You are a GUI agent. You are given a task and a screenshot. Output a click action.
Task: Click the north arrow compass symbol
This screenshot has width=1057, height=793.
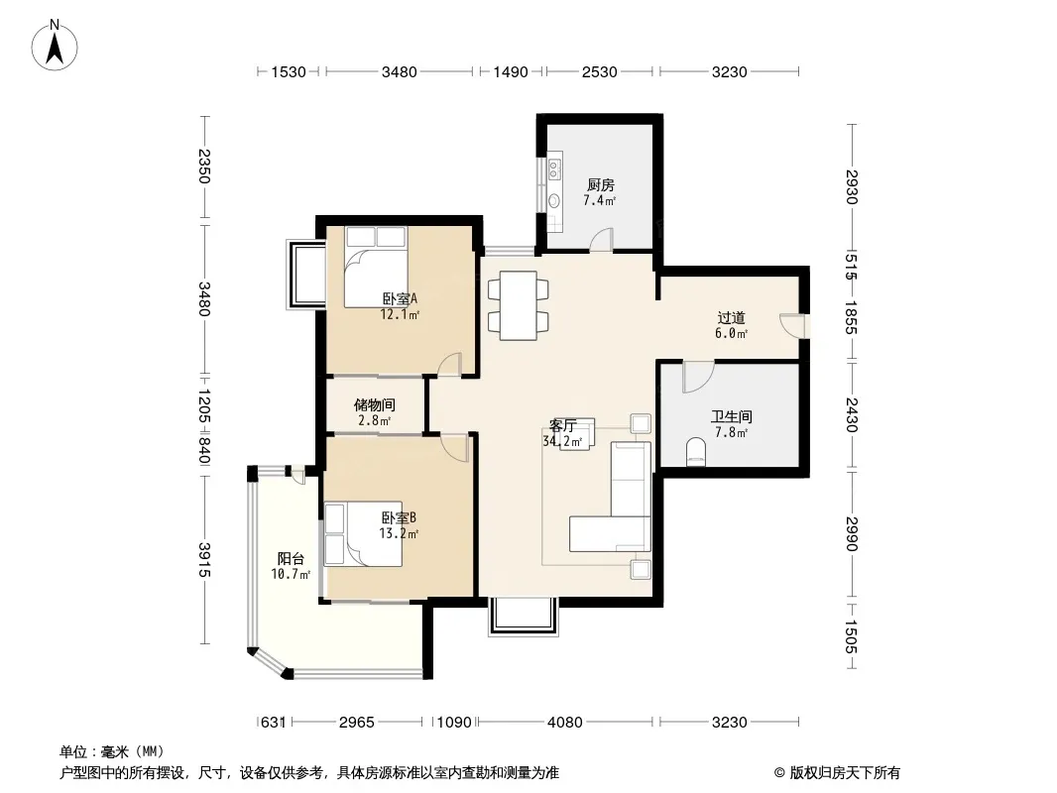click(x=54, y=46)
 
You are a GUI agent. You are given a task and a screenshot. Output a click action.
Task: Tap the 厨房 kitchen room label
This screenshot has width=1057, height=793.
click(x=600, y=184)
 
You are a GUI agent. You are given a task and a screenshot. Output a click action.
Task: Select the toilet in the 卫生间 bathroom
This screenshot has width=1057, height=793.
click(x=695, y=451)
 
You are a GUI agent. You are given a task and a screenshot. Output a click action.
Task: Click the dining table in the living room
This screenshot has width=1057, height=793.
click(x=518, y=304)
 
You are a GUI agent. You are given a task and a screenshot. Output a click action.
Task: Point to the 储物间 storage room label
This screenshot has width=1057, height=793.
click(x=375, y=404)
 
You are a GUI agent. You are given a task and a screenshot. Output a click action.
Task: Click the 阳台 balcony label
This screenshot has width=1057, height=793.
click(x=291, y=558)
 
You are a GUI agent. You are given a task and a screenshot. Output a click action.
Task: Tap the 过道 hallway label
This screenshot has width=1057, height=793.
click(x=731, y=317)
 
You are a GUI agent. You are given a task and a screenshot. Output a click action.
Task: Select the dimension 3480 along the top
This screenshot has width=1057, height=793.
click(x=399, y=71)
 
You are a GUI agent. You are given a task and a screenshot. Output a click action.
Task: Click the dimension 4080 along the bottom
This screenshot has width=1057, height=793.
click(x=565, y=723)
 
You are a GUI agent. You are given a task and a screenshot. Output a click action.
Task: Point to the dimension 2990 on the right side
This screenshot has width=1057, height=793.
click(x=852, y=533)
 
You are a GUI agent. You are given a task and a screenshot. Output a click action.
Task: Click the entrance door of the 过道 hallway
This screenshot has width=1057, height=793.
click(x=793, y=326)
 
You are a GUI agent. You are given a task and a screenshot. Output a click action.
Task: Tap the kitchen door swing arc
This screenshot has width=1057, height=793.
click(x=601, y=239)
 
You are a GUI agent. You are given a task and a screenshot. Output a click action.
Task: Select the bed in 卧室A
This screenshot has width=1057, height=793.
click(x=376, y=267)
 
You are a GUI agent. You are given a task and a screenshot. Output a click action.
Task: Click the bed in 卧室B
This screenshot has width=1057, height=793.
click(x=363, y=533)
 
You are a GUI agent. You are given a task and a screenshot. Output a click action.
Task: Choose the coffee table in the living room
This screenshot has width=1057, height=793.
click(x=577, y=433)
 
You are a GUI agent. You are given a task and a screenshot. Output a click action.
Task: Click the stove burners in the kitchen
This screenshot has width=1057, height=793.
click(x=554, y=170)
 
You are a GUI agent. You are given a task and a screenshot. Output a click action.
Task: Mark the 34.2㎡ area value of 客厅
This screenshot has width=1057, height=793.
click(x=562, y=442)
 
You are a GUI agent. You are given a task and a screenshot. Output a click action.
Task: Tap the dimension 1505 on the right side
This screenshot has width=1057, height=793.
click(x=852, y=636)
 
